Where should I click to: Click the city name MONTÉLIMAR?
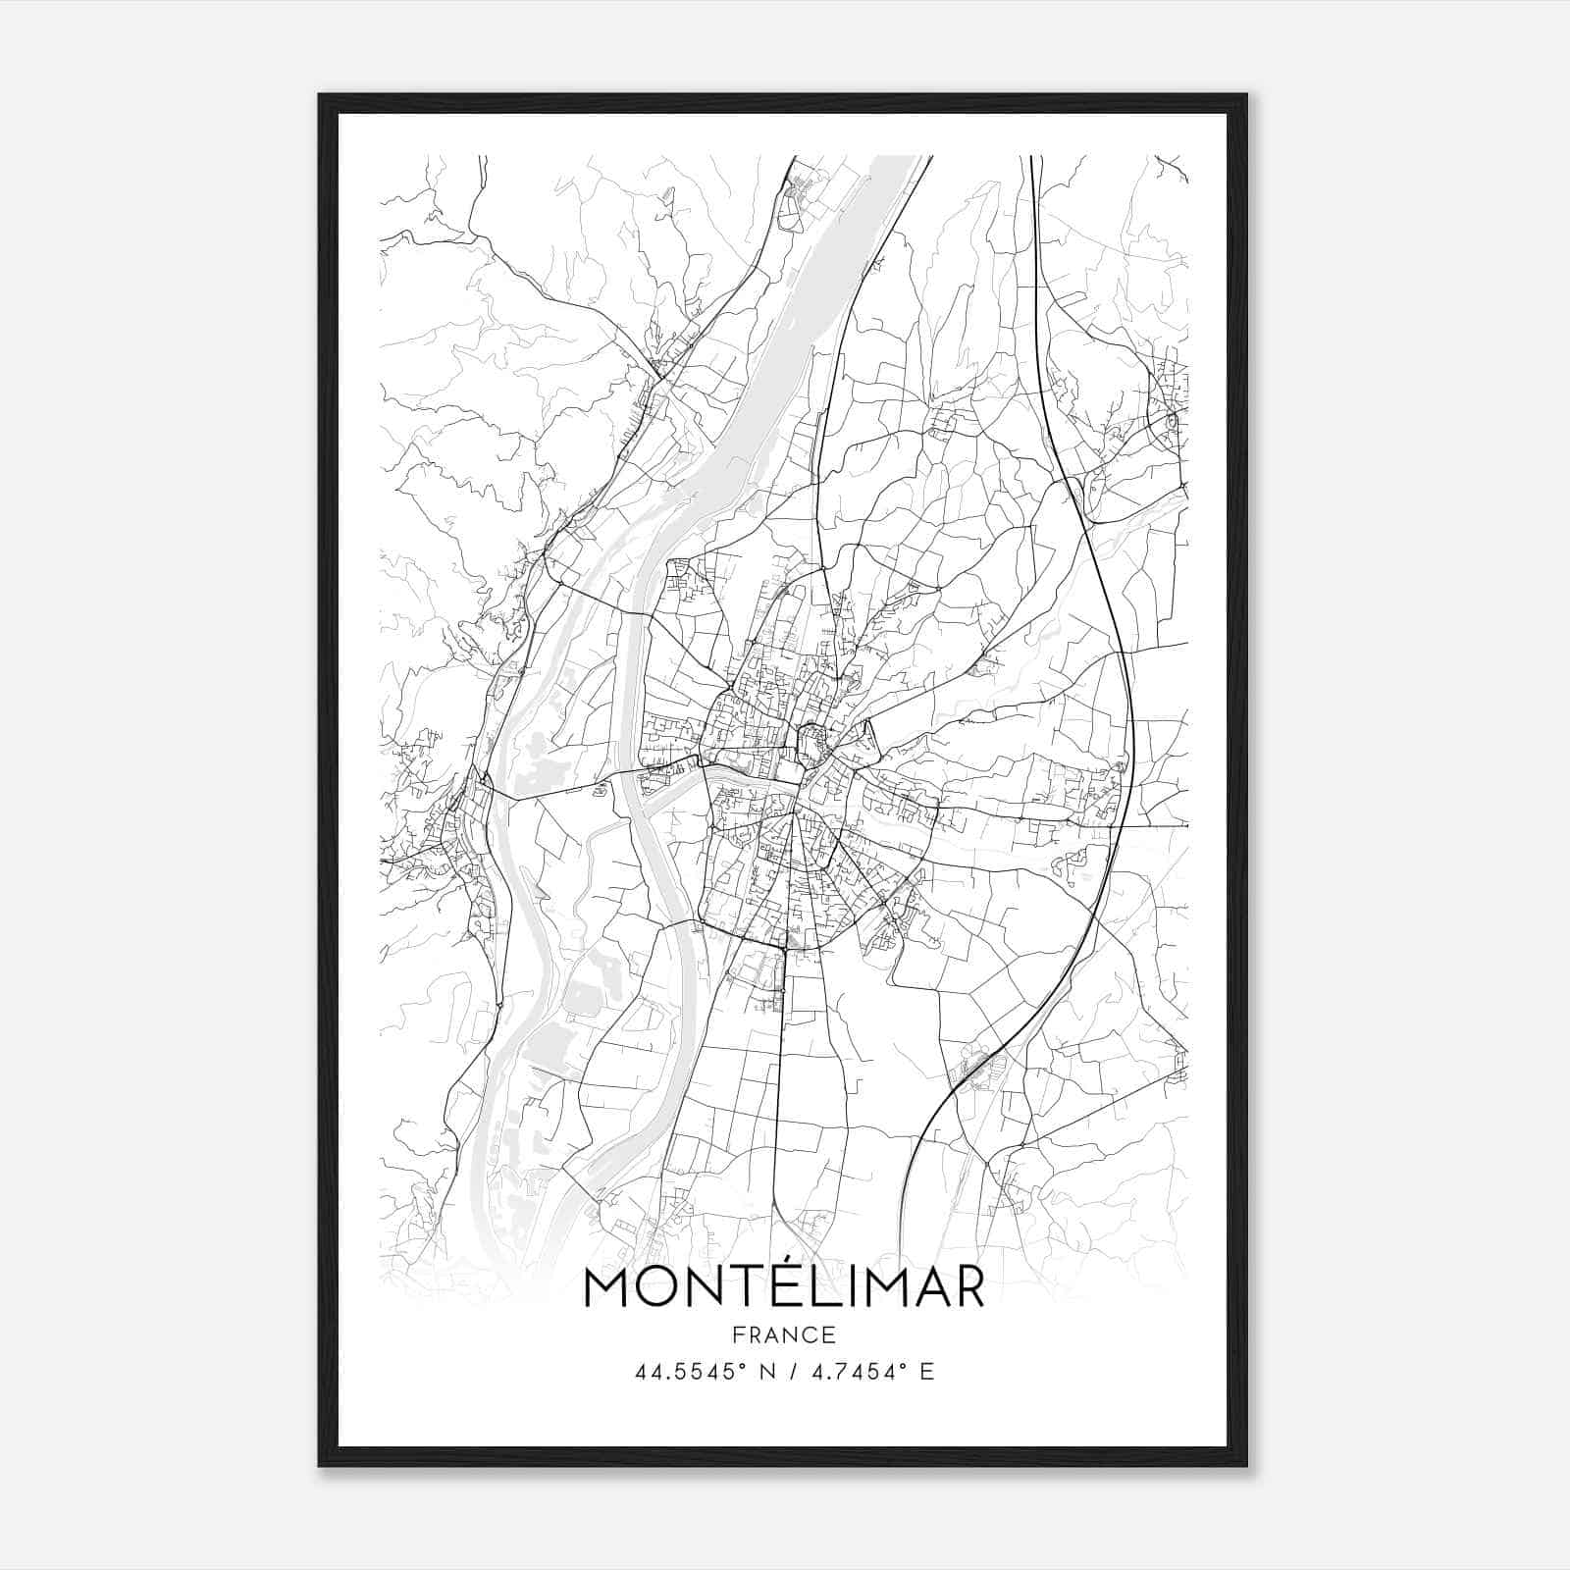[x=784, y=1288]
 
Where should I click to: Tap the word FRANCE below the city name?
[x=784, y=1334]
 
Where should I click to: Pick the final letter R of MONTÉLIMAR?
[x=966, y=1288]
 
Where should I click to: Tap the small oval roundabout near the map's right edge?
[x=1171, y=421]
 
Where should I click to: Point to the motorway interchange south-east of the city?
[x=976, y=1065]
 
